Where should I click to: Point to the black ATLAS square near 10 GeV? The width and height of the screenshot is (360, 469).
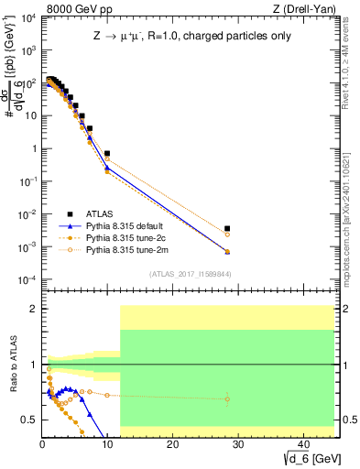pyautogui.click(x=107, y=154)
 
